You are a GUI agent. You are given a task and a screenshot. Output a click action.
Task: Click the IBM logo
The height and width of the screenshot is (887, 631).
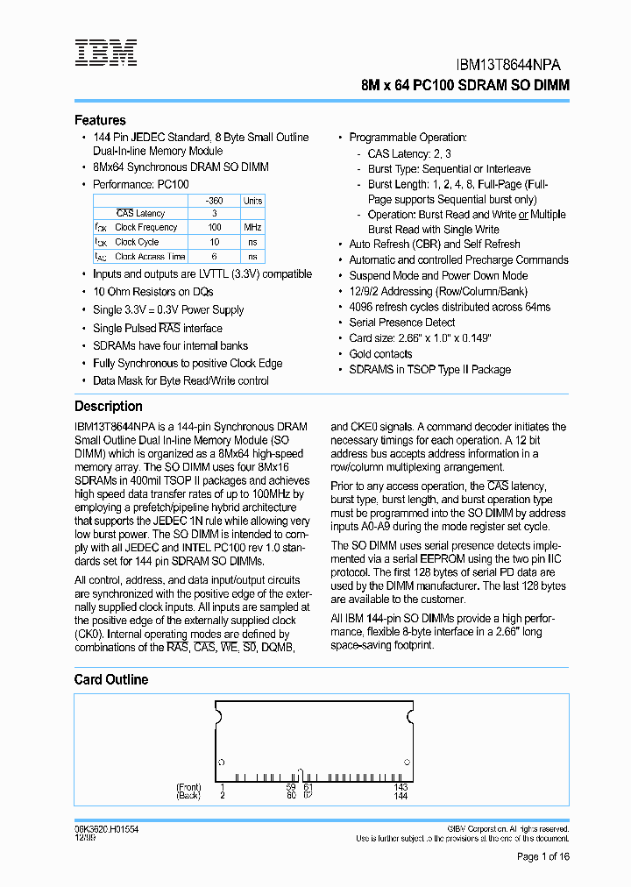[x=105, y=53]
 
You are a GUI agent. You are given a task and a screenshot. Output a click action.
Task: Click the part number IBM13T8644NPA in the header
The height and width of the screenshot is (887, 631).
[x=508, y=65]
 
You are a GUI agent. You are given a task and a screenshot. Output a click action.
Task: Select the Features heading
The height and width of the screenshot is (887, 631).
[x=100, y=120]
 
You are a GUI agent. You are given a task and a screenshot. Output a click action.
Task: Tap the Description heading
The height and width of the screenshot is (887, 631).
[x=108, y=406]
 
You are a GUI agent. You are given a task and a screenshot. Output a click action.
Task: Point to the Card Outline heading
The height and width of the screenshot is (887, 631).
[x=111, y=679]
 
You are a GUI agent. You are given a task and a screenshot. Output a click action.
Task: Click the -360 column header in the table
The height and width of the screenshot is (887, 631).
[x=213, y=201]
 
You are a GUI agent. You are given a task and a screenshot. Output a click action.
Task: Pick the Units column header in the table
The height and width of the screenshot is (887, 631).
[x=252, y=201]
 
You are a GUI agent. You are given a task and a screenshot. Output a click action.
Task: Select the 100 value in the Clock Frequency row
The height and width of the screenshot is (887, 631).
[x=213, y=227]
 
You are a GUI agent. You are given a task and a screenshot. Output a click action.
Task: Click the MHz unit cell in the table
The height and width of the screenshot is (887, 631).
[x=252, y=227]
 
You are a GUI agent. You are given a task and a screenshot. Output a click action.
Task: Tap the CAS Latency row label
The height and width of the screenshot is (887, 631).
[x=140, y=213]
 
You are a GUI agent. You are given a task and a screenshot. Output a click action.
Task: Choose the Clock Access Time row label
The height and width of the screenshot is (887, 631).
[x=149, y=257]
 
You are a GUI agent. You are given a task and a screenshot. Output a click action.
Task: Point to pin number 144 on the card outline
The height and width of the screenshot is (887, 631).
[x=400, y=796]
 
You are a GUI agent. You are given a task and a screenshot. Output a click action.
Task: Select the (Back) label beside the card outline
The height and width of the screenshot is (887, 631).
[x=188, y=796]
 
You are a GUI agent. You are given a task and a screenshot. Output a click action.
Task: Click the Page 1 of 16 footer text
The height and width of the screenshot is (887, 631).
[x=542, y=856]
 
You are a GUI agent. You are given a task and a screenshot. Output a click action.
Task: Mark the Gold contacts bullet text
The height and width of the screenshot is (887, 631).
[x=380, y=354]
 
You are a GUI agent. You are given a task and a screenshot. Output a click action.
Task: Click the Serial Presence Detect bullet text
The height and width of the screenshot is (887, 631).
[x=402, y=323]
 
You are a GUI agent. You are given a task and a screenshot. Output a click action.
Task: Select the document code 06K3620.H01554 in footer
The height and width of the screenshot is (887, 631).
[x=106, y=828]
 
